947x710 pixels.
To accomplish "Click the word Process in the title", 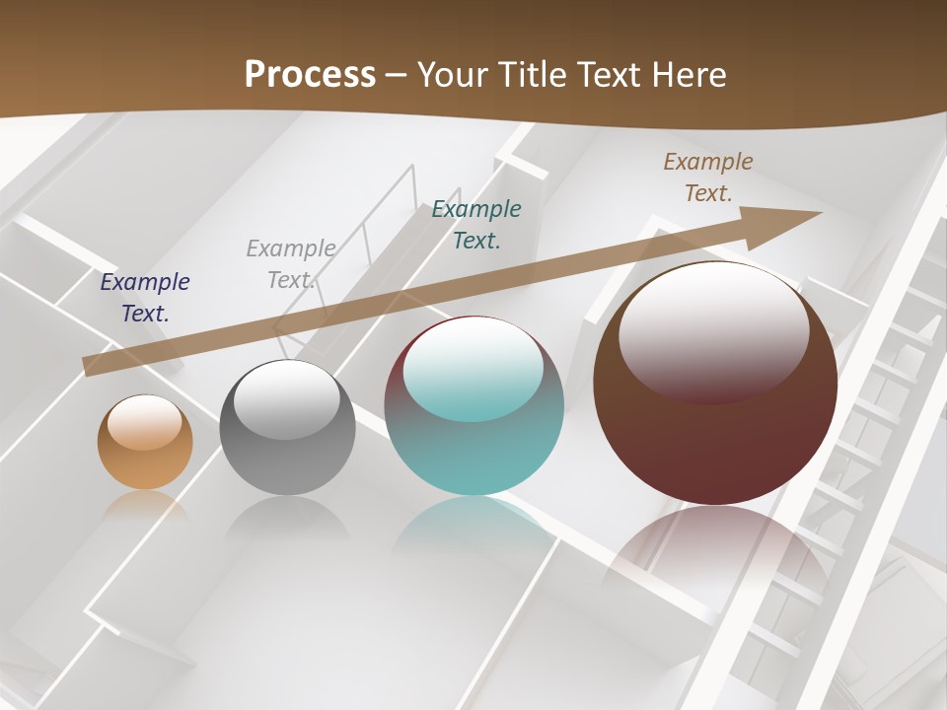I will click(x=310, y=75).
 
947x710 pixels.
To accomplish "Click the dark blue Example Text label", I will click(x=145, y=298).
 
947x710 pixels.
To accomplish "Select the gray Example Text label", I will click(x=291, y=264).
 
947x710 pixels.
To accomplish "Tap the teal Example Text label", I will click(x=476, y=224).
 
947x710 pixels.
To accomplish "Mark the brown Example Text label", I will click(x=708, y=177).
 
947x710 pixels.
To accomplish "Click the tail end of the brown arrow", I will click(x=91, y=365).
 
